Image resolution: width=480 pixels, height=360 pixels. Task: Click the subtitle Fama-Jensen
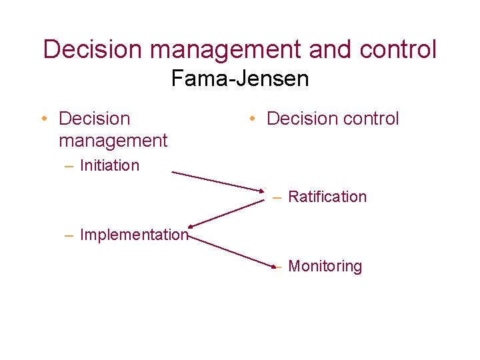click(240, 79)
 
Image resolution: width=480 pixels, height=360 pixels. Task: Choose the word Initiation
click(109, 165)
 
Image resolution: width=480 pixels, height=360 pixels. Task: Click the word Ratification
click(327, 197)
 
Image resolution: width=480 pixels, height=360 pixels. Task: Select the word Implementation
click(133, 235)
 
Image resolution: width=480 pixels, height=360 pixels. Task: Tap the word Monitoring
click(325, 266)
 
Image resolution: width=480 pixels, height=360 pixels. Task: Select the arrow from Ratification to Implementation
click(227, 213)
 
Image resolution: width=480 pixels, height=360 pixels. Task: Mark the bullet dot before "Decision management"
click(43, 119)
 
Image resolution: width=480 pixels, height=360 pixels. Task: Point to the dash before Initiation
click(69, 166)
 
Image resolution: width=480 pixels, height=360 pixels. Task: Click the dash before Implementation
click(69, 235)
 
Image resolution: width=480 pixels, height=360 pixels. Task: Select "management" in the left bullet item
click(113, 141)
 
